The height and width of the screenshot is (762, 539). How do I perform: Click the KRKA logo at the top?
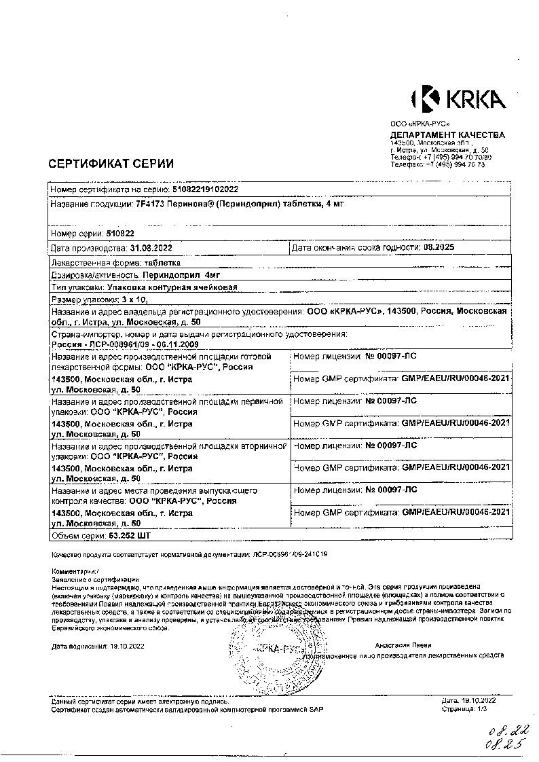pos(458,99)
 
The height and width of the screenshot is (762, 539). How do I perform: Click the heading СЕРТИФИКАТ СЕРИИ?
pos(111,163)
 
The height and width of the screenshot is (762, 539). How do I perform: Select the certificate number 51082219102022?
pos(206,189)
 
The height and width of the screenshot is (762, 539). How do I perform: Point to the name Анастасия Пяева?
pos(402,645)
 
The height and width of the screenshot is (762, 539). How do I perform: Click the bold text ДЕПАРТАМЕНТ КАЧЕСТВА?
pos(447,134)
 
